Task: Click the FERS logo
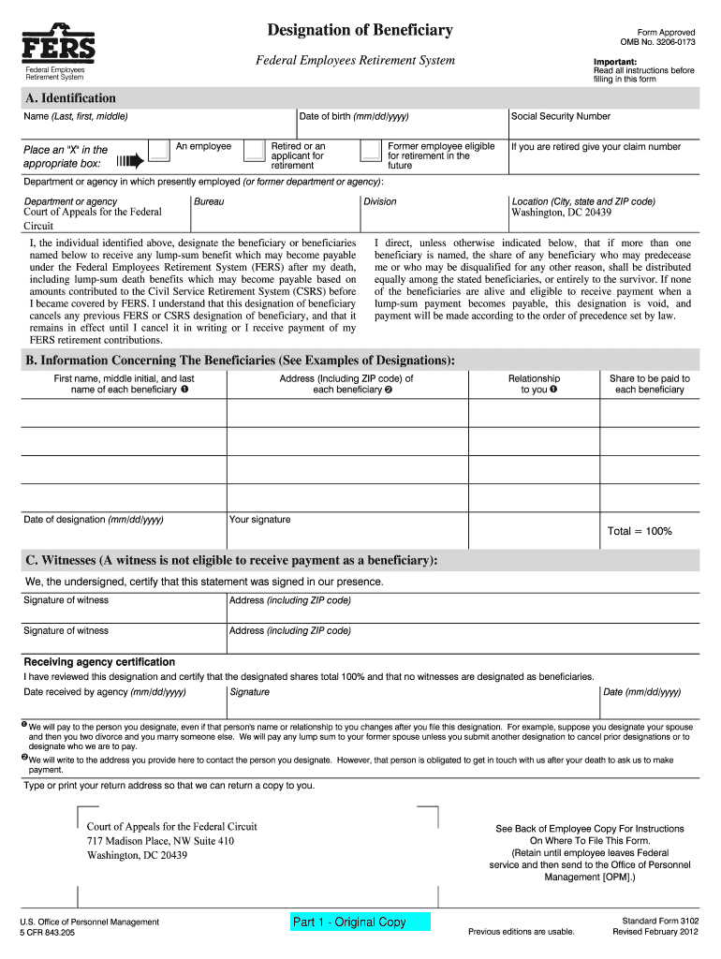coord(58,43)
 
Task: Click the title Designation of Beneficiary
coord(360,30)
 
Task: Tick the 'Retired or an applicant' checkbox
coord(254,150)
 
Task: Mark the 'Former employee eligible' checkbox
coord(372,150)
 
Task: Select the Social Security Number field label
coord(560,117)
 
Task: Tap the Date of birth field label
coord(353,117)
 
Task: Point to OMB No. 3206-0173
coord(657,42)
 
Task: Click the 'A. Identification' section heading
coord(71,98)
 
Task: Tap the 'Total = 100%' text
coord(640,531)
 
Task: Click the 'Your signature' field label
coord(259,520)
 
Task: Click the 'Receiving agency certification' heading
coord(99,662)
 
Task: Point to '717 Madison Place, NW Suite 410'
coord(160,841)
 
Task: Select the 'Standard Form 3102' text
coord(655,922)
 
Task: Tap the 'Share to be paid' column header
coord(649,384)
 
